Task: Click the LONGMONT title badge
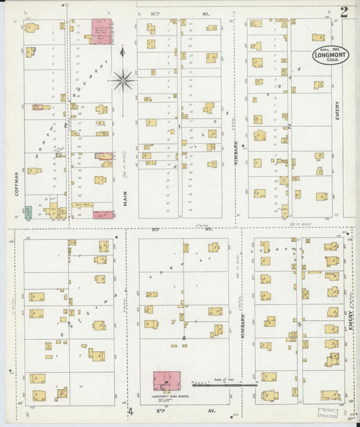[331, 55]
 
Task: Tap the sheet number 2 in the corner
[344, 11]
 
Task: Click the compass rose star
[122, 80]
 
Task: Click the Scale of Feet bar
[224, 385]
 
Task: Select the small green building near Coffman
[28, 213]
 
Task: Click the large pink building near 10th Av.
[102, 31]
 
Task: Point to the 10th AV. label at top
[172, 12]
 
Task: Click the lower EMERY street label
[350, 320]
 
